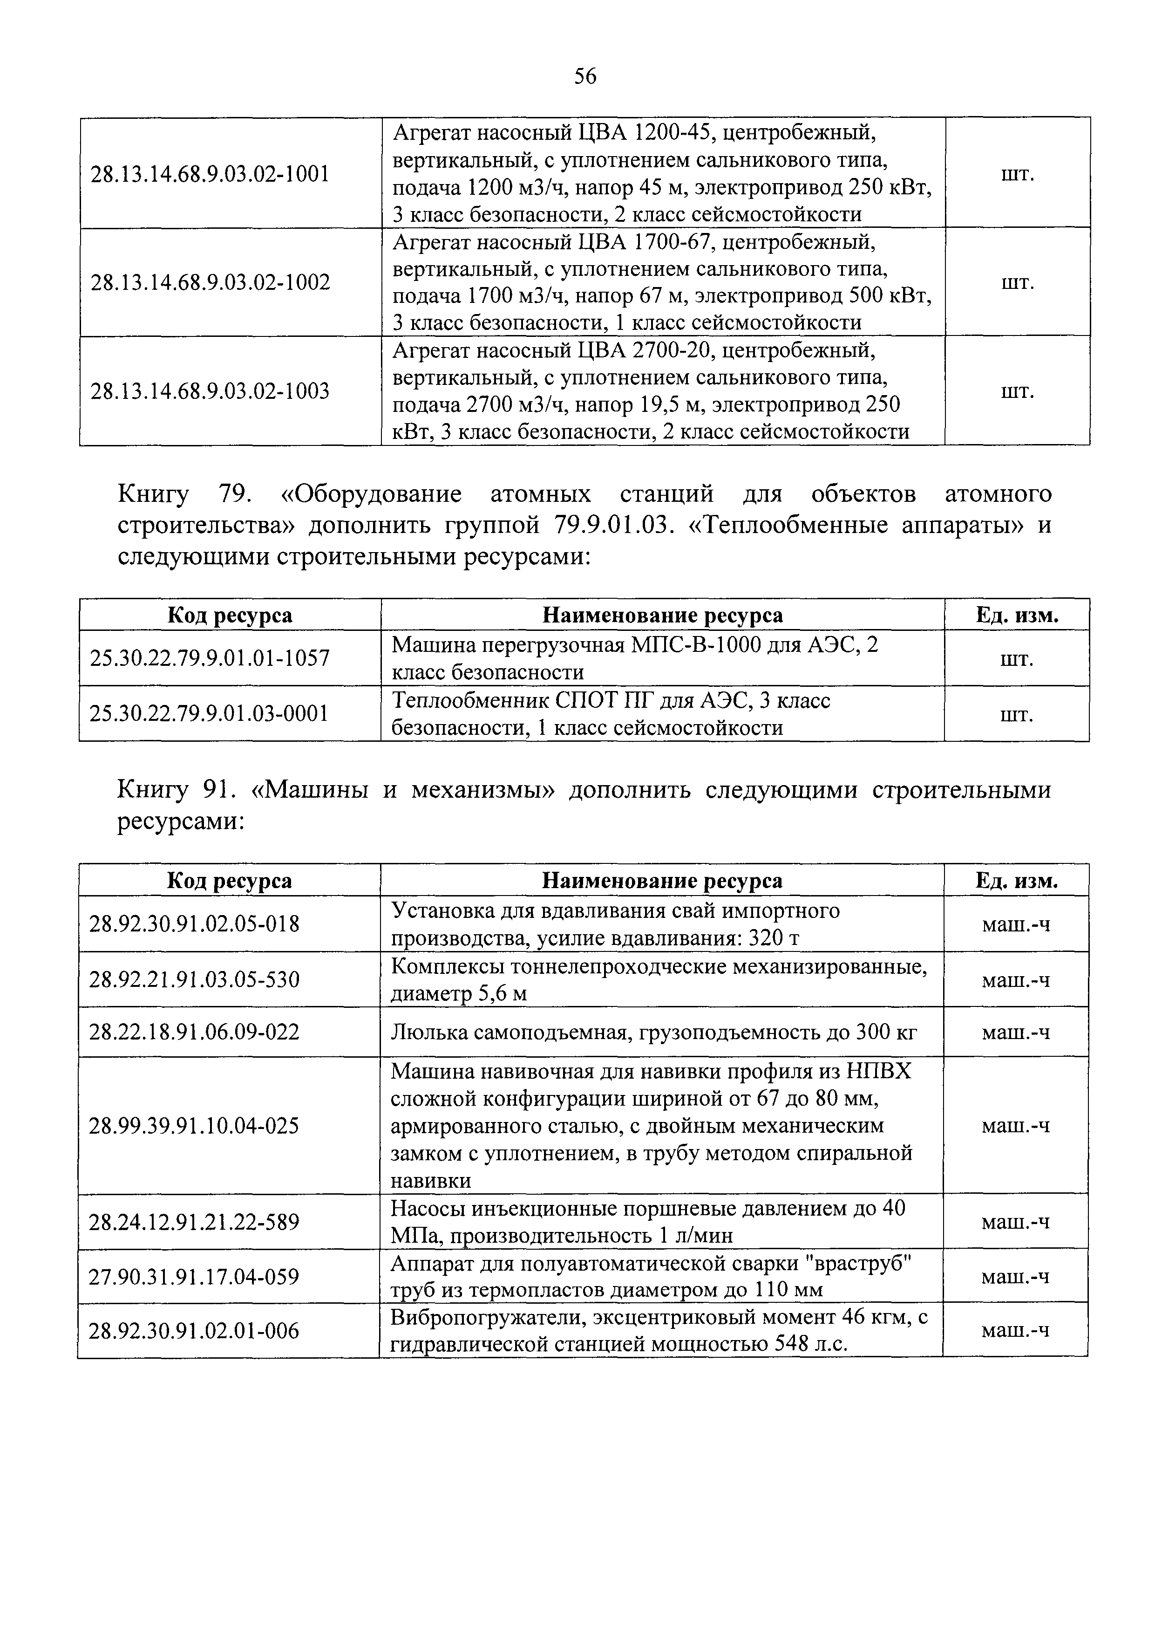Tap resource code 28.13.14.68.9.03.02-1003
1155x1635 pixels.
pyautogui.click(x=210, y=391)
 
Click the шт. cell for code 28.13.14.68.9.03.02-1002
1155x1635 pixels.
pyautogui.click(x=1017, y=283)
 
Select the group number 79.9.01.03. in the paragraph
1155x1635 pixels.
pyautogui.click(x=611, y=526)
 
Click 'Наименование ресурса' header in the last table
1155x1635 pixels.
pyautogui.click(x=662, y=881)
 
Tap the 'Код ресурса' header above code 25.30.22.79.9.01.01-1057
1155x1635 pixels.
pyautogui.click(x=229, y=615)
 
